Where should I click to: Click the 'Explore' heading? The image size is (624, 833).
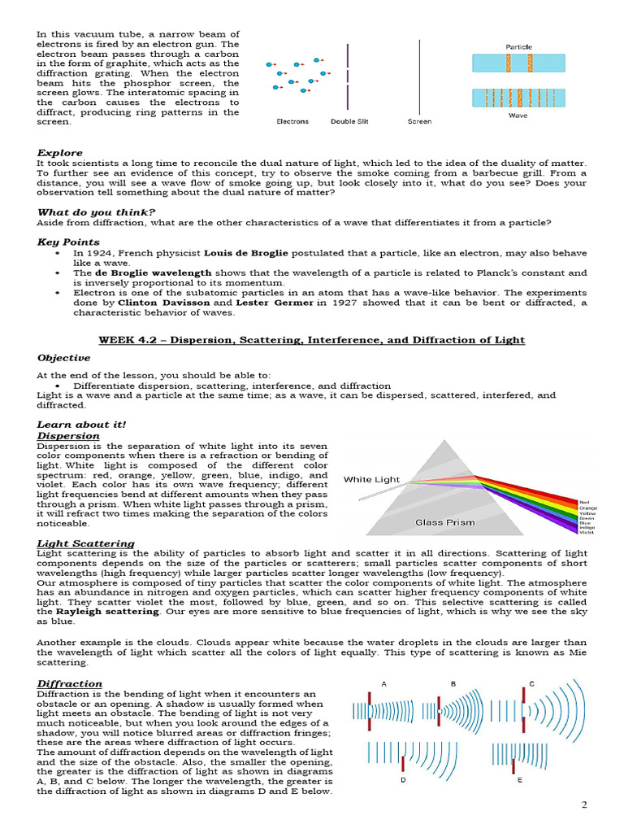pyautogui.click(x=59, y=153)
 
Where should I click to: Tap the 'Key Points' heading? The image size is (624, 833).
pyautogui.click(x=68, y=242)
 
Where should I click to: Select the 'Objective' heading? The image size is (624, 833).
pyautogui.click(x=63, y=357)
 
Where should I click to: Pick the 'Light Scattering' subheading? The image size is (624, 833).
pyautogui.click(x=85, y=543)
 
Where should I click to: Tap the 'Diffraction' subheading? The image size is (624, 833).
pyautogui.click(x=69, y=684)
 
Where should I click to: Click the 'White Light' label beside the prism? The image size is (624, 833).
pyautogui.click(x=371, y=479)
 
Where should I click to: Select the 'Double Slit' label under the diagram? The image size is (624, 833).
pyautogui.click(x=349, y=122)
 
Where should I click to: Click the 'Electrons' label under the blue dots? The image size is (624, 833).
pyautogui.click(x=292, y=122)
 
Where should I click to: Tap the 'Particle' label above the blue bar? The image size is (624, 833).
pyautogui.click(x=518, y=47)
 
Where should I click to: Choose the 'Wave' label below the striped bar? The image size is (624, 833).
pyautogui.click(x=518, y=116)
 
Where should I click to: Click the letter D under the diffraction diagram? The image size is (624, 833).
pyautogui.click(x=403, y=780)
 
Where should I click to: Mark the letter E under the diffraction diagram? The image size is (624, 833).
pyautogui.click(x=520, y=780)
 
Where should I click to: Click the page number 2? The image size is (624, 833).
pyautogui.click(x=583, y=805)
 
